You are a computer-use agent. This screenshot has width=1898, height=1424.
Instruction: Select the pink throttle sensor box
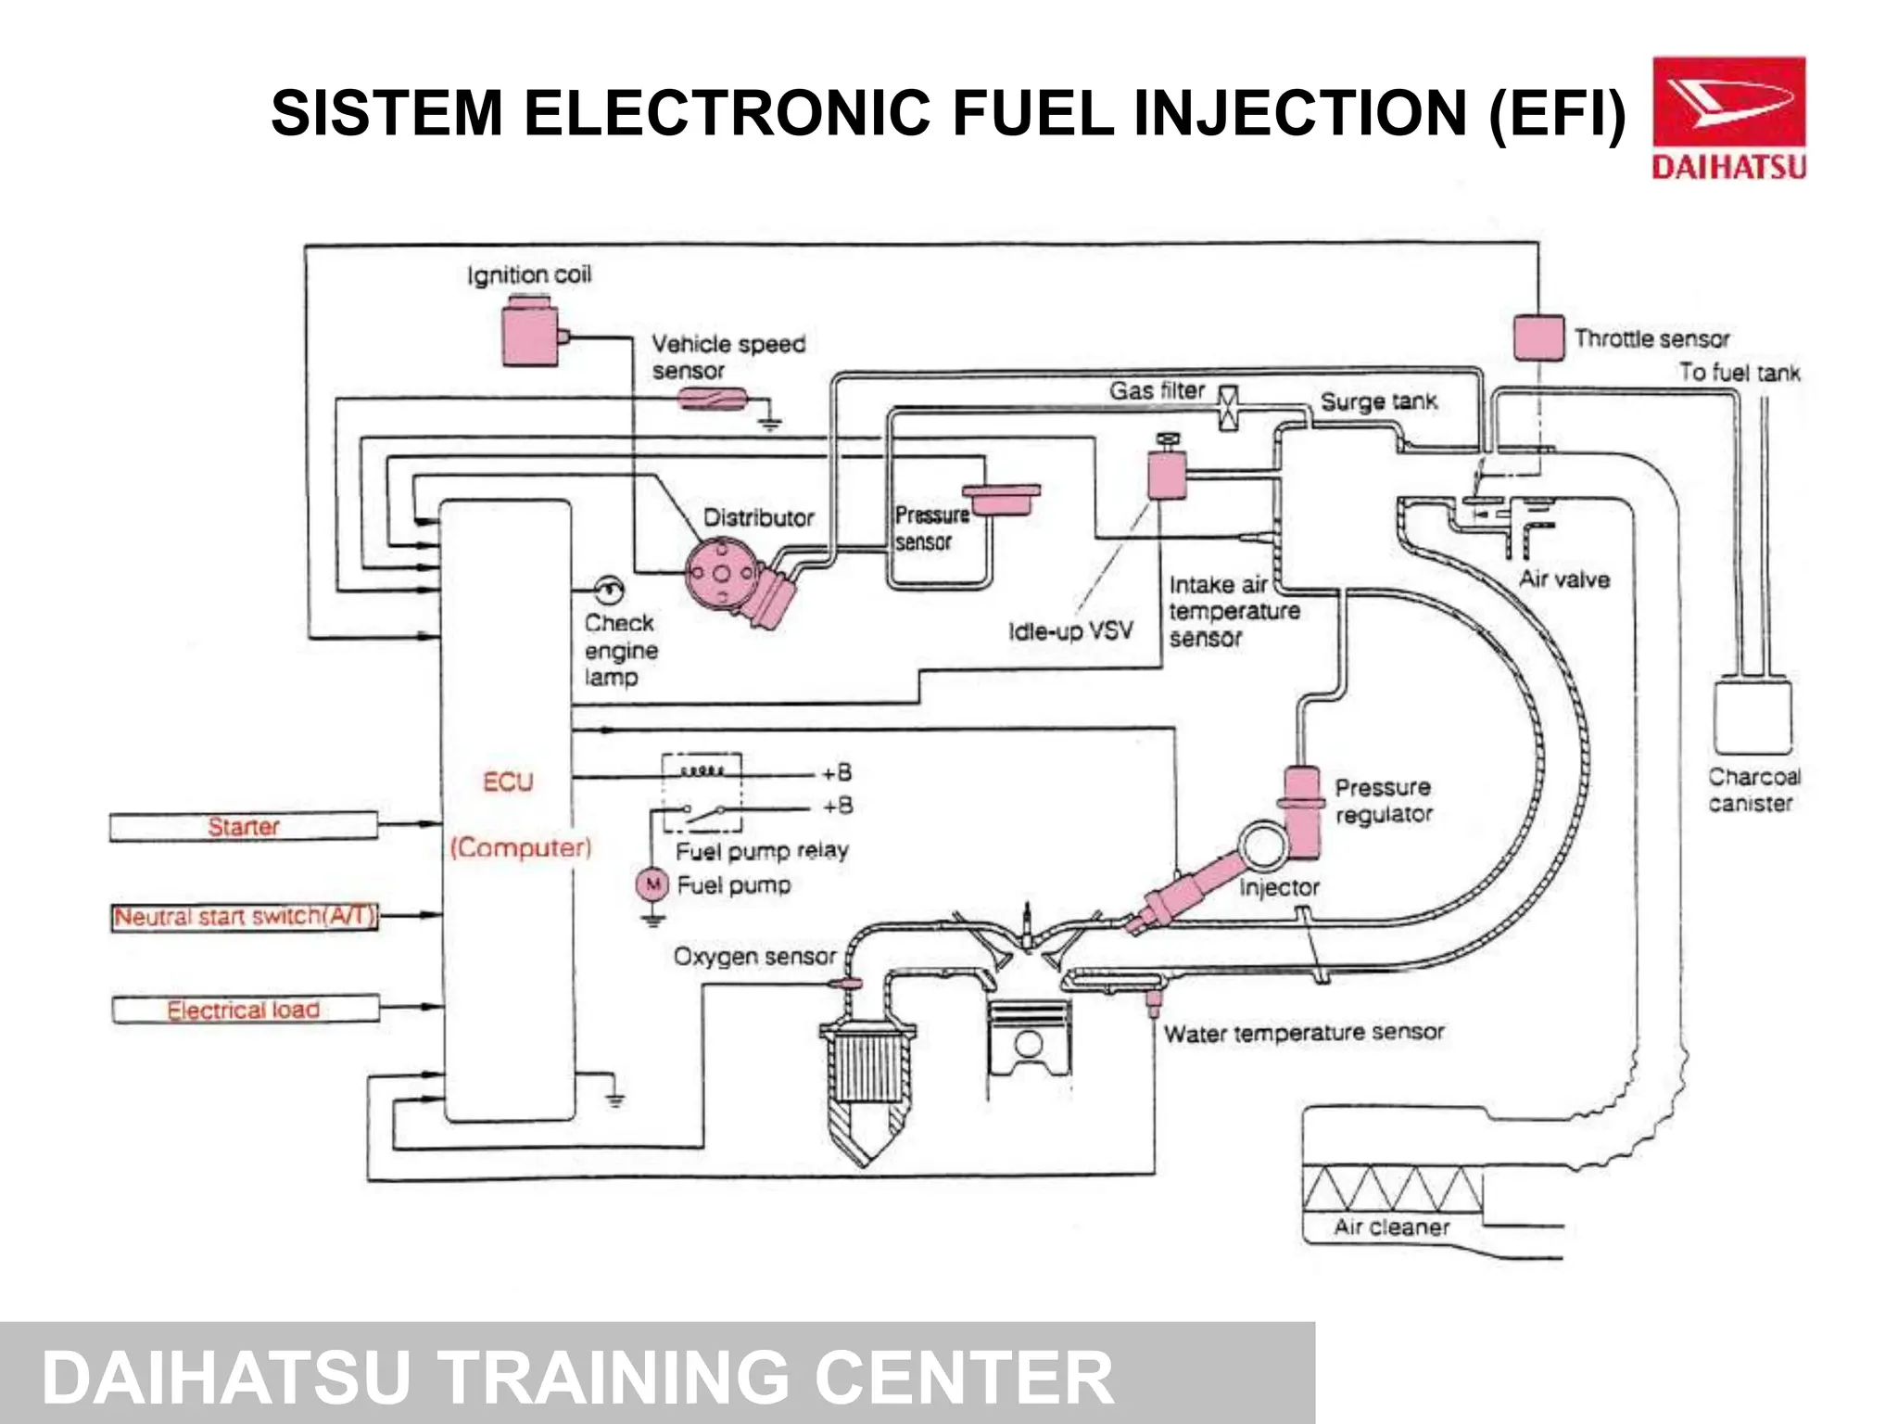(1538, 337)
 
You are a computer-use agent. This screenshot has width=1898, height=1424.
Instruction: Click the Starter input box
(243, 826)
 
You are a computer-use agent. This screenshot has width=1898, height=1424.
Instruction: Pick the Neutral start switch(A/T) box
(245, 917)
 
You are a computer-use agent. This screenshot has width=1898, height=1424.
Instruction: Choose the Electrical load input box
(245, 1009)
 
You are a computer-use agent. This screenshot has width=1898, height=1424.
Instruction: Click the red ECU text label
(508, 782)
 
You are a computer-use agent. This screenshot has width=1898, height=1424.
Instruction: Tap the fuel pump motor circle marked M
(652, 884)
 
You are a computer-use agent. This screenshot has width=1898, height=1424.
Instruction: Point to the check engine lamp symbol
(609, 589)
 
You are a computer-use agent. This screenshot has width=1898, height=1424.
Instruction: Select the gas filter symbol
(1228, 408)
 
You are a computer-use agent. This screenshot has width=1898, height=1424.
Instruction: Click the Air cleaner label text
(1391, 1227)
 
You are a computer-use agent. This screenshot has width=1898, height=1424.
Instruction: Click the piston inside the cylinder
(1029, 1038)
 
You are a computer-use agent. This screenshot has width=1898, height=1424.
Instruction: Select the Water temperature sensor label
(1303, 1033)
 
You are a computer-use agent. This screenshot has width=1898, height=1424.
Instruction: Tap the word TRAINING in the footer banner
(613, 1377)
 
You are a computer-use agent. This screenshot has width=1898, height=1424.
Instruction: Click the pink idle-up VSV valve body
(1167, 475)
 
